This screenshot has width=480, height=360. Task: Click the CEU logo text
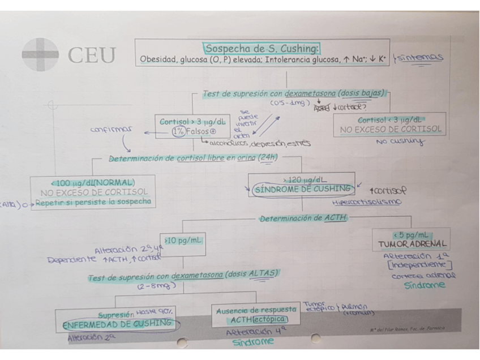coord(91,55)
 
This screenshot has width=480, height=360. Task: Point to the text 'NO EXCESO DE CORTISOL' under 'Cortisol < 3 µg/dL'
coord(390,129)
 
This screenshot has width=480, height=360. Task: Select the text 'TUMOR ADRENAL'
coord(412,245)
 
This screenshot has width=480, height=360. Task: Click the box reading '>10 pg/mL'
coord(183,239)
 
